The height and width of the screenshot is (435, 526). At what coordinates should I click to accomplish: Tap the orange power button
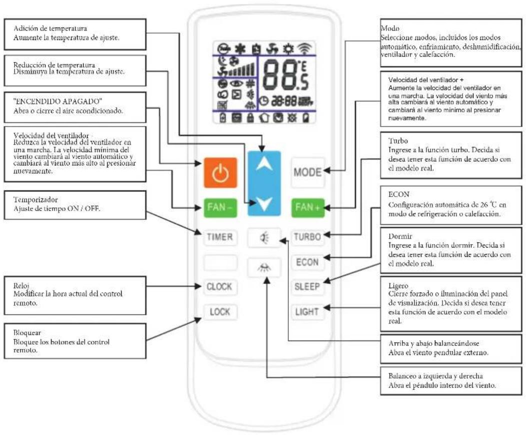click(220, 172)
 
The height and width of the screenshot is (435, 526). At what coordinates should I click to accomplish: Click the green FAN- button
click(220, 208)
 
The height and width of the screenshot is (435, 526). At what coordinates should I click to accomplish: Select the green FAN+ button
click(308, 208)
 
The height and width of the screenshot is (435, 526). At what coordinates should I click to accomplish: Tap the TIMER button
click(220, 237)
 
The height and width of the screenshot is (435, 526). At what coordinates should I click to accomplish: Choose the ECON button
click(307, 262)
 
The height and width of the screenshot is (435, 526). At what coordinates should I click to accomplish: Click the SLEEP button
click(307, 287)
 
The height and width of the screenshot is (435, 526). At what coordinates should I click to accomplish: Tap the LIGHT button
click(307, 312)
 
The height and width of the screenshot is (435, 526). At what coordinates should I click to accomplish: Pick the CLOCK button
click(220, 287)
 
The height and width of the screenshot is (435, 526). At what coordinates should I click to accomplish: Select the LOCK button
click(220, 312)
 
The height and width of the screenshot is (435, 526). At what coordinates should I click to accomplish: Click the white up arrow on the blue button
click(264, 164)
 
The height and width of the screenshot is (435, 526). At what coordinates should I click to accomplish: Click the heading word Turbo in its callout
click(398, 141)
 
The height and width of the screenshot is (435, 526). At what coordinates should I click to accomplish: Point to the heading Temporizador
click(36, 199)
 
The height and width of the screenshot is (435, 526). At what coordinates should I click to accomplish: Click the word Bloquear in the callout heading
click(27, 333)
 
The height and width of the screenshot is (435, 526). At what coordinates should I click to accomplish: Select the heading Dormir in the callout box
click(400, 236)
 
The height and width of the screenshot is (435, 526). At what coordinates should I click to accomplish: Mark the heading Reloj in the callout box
click(21, 286)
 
